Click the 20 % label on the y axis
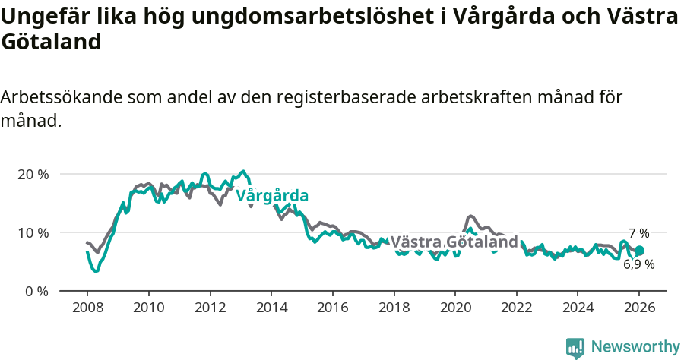(x=33, y=174)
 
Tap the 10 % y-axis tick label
(x=33, y=232)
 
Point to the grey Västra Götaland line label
(x=454, y=242)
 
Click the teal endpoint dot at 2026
(x=639, y=251)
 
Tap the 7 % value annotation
(x=638, y=234)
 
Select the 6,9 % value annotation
(x=638, y=265)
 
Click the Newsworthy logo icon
(x=575, y=347)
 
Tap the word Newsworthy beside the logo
(x=635, y=347)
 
